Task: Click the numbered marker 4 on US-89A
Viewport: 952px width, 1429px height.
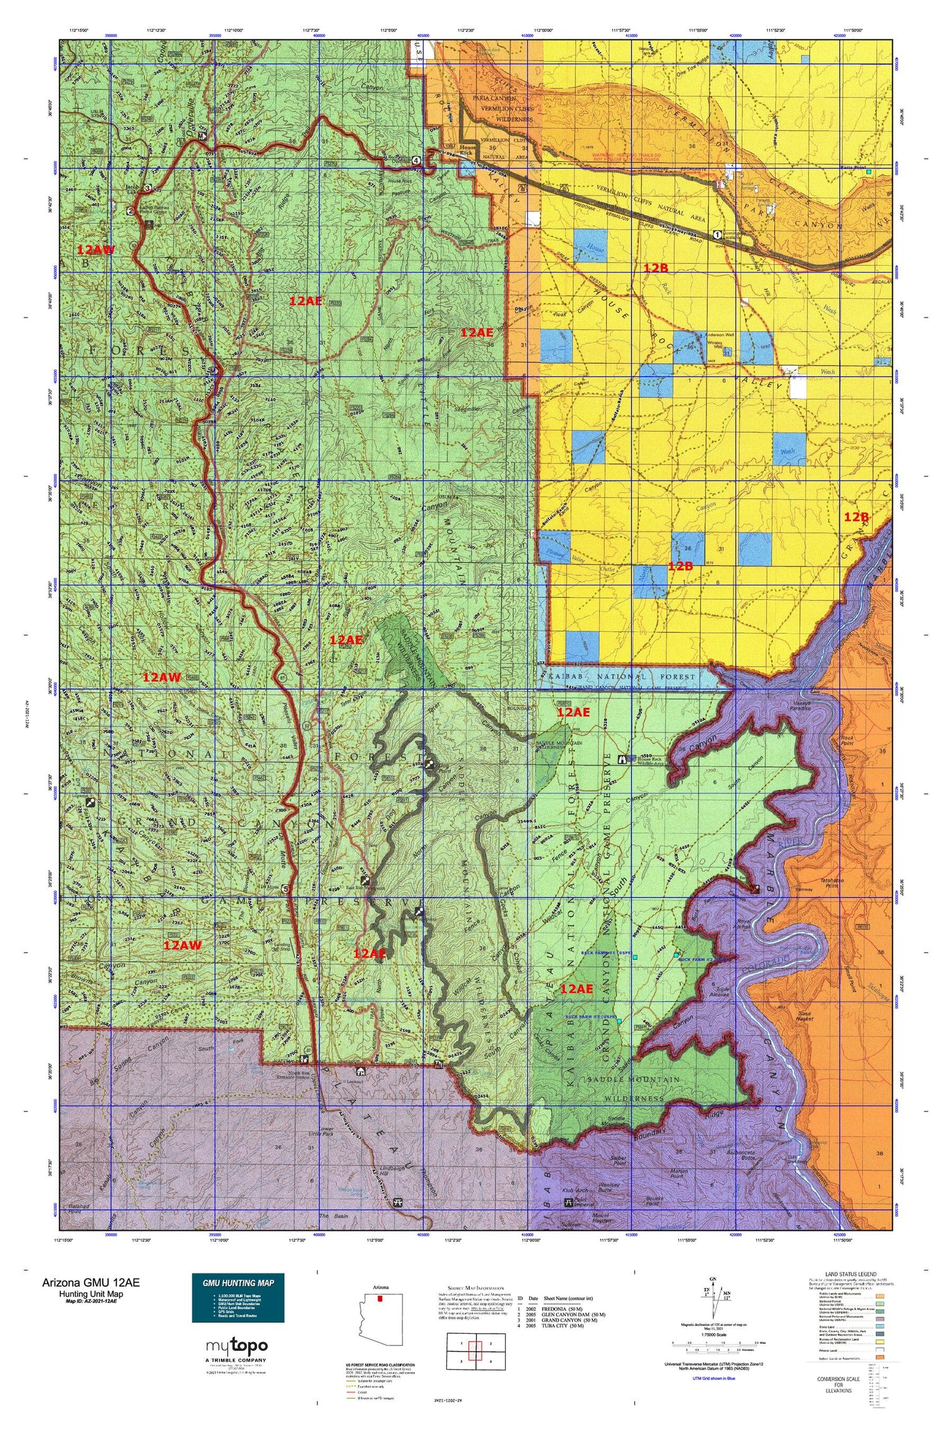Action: click(x=416, y=160)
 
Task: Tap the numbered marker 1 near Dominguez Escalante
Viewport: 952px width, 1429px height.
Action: click(x=717, y=234)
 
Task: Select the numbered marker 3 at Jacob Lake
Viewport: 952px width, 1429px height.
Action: click(x=147, y=188)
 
